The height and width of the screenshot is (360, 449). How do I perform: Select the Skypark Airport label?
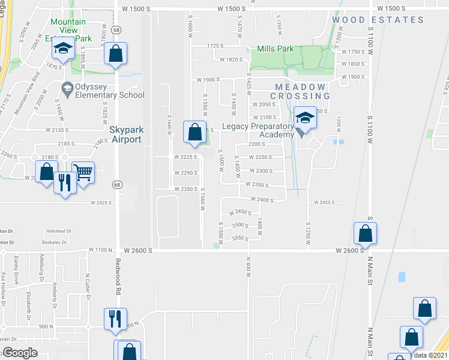(126, 134)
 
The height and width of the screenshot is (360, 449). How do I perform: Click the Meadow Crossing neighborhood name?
(300, 91)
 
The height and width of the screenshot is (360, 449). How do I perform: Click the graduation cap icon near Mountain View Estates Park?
(62, 50)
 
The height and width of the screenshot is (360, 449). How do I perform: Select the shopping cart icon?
(83, 173)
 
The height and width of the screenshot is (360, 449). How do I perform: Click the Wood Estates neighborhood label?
(378, 20)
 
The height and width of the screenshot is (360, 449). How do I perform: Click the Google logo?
(19, 353)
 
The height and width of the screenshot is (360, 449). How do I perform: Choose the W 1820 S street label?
(231, 59)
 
